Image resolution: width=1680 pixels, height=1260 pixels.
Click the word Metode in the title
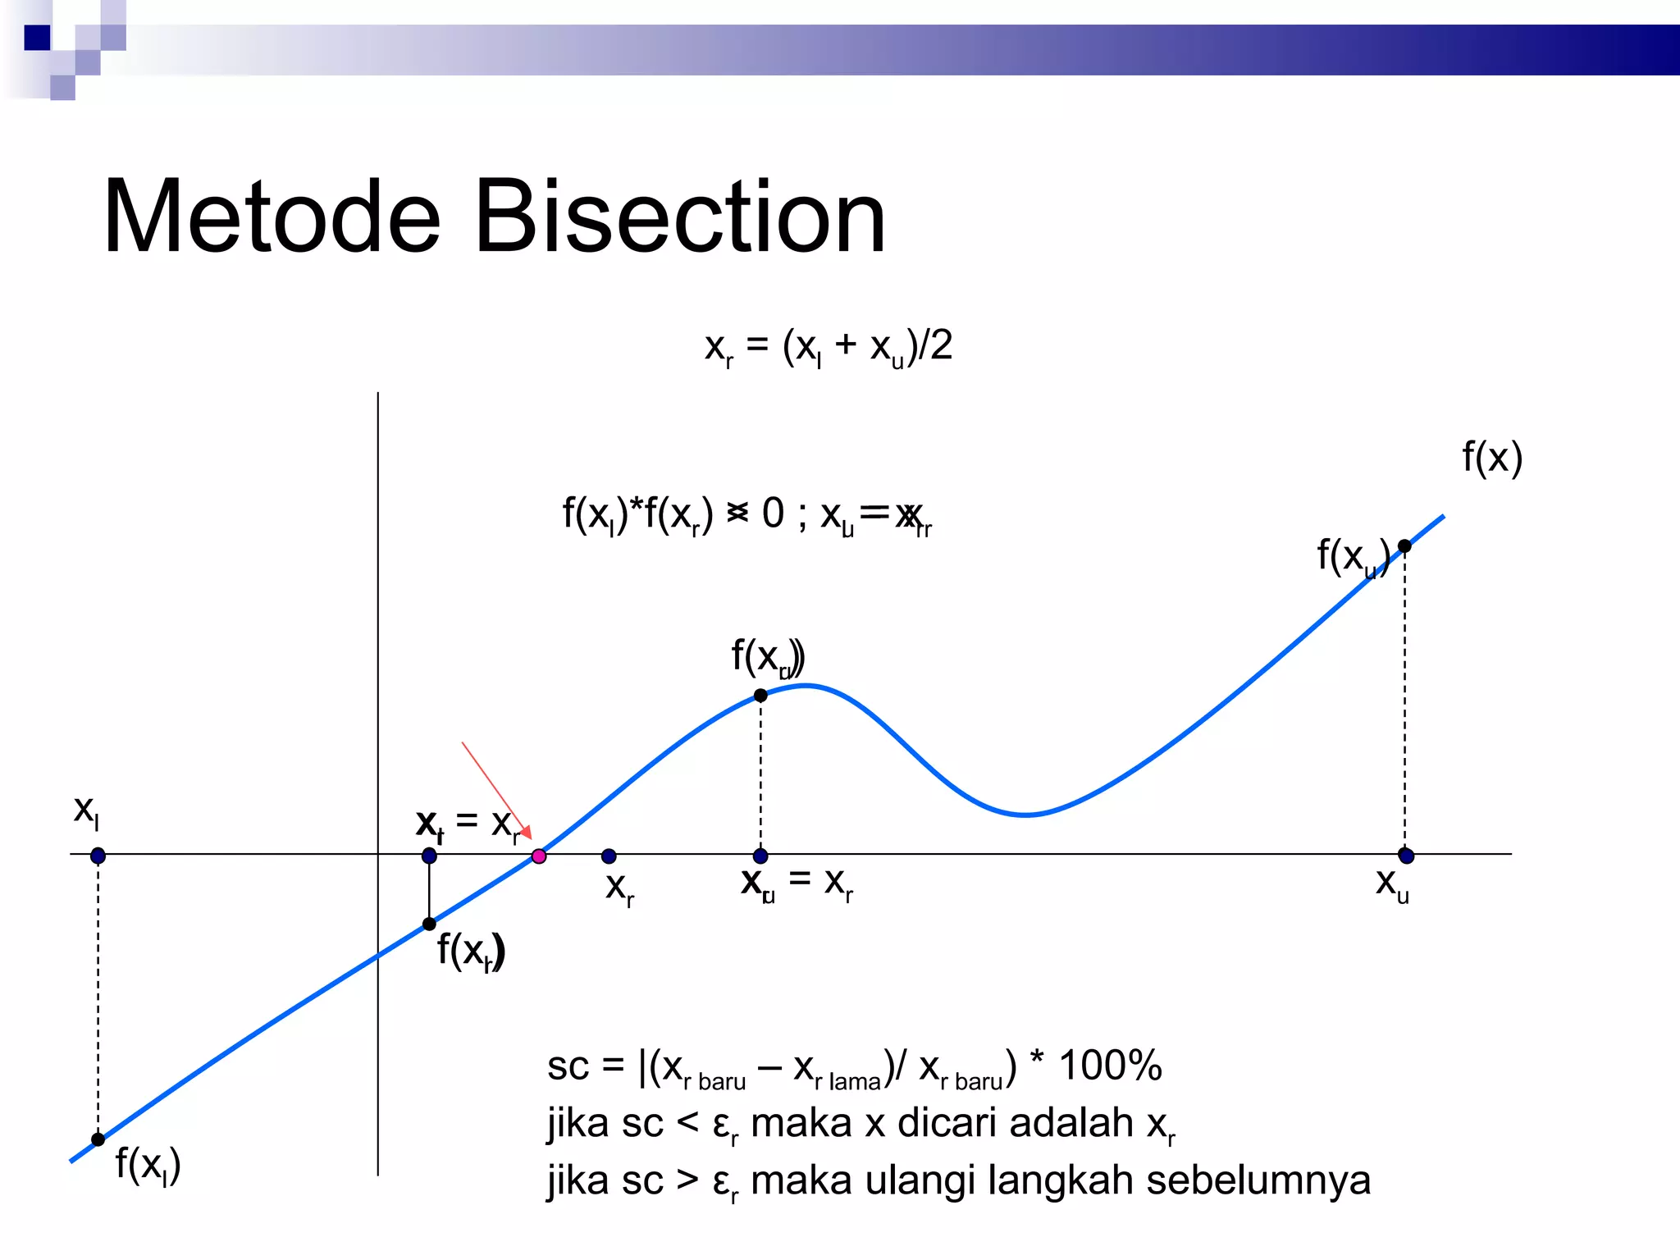(272, 217)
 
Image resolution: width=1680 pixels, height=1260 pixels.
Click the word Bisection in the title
(680, 217)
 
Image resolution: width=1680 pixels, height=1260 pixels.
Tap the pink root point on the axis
(539, 856)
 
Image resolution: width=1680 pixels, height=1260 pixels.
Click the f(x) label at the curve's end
(1492, 457)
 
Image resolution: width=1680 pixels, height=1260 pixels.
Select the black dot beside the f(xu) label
(1404, 546)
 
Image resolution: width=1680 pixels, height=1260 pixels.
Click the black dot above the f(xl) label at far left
(98, 1139)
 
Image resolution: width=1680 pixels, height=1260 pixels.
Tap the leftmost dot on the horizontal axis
(98, 856)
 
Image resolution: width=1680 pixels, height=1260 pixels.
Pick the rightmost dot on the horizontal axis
(1406, 856)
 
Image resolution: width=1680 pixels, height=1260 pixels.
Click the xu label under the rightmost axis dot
(1392, 885)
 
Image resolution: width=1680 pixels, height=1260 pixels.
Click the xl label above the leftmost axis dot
(86, 811)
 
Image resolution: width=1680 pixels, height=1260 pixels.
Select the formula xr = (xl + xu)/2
(829, 347)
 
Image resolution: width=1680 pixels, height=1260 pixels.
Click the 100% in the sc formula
(1110, 1066)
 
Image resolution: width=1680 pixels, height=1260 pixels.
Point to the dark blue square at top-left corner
(38, 38)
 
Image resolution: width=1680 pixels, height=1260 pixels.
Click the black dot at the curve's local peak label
(760, 696)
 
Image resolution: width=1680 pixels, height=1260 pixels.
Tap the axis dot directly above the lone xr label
(609, 856)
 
